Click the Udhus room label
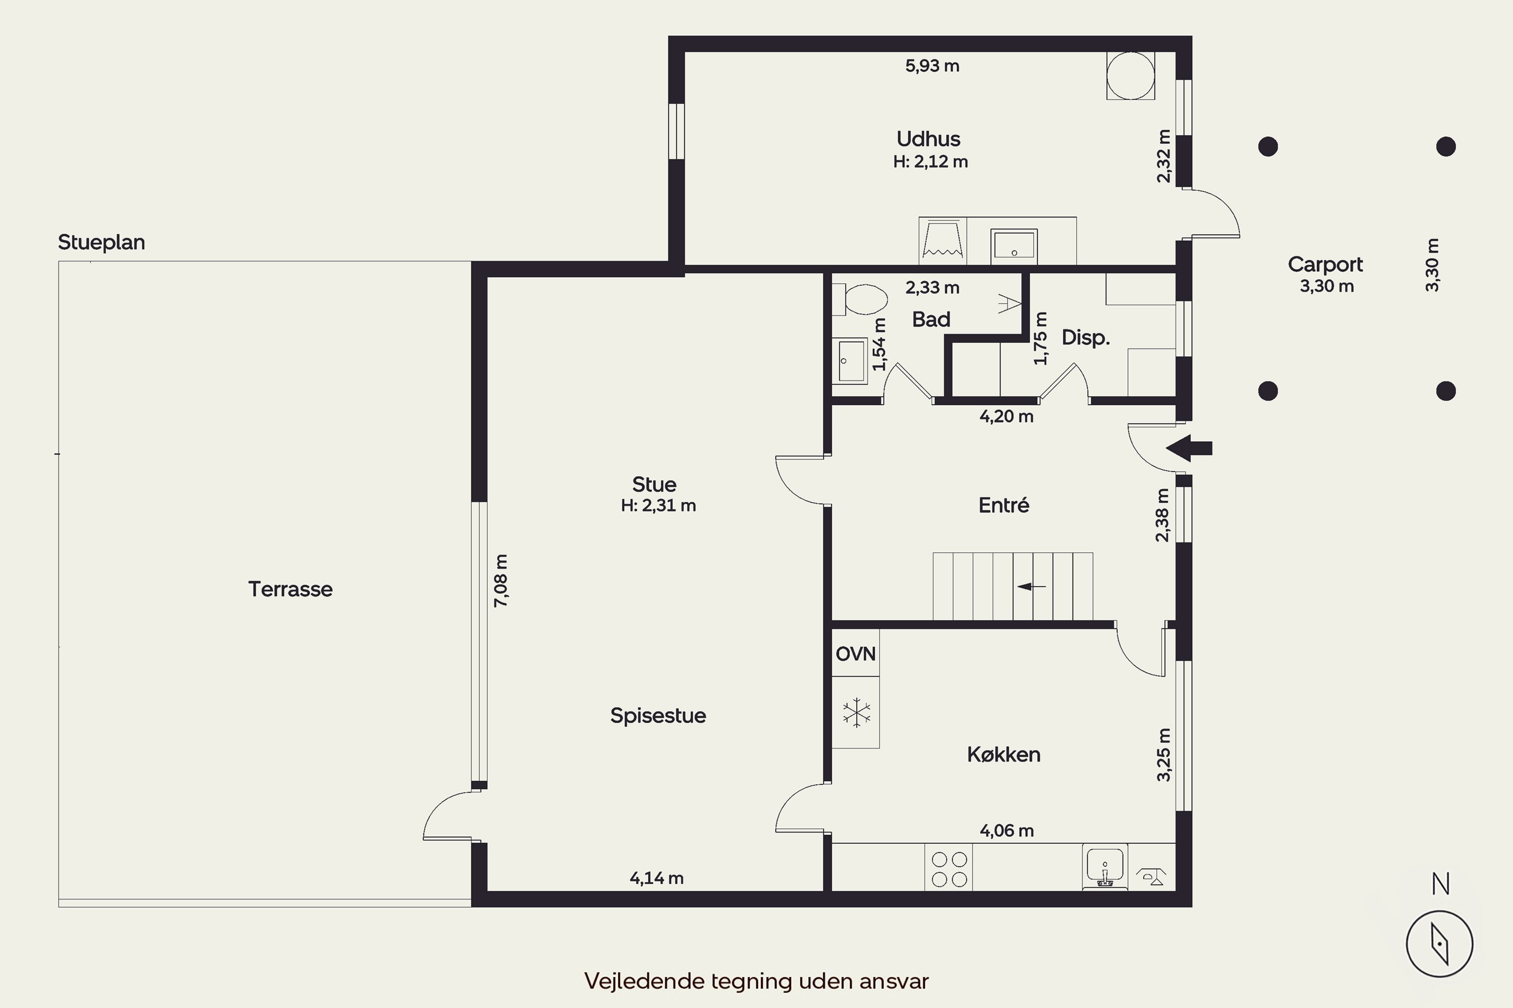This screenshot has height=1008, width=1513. [x=928, y=139]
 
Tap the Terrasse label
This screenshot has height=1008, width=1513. [x=290, y=589]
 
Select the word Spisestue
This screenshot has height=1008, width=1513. [x=658, y=716]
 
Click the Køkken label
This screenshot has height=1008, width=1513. [x=1004, y=754]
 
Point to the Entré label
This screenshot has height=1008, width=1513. [x=1004, y=506]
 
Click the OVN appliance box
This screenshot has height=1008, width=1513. [x=855, y=653]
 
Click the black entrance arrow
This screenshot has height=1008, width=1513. [x=1189, y=448]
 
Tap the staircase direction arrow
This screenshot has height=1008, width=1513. [x=1031, y=586]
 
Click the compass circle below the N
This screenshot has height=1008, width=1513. [x=1440, y=943]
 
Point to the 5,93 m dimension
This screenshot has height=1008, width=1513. [x=932, y=66]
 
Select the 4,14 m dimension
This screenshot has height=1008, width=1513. [x=656, y=878]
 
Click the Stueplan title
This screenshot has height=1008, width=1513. [x=102, y=242]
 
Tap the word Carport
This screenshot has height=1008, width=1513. [x=1325, y=264]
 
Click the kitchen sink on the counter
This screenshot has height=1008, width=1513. [x=1104, y=866]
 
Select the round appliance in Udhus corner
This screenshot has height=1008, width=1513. [x=1130, y=76]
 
